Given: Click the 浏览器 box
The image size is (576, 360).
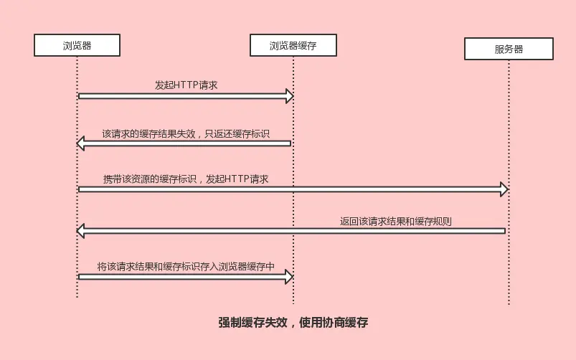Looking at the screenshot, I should (77, 46).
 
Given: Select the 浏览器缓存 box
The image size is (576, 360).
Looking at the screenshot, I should (293, 46).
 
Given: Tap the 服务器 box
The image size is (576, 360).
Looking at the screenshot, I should (509, 49).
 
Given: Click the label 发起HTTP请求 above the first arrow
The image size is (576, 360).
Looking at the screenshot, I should (187, 85).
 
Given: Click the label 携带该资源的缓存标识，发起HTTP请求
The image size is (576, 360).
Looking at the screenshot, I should (185, 179).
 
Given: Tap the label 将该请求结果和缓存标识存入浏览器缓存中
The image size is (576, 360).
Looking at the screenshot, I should (187, 266).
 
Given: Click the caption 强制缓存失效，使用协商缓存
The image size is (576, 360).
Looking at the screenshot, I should (293, 323).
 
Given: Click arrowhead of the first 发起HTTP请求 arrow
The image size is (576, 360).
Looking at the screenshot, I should (289, 96).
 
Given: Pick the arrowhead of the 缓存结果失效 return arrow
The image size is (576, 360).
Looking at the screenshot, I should (81, 144).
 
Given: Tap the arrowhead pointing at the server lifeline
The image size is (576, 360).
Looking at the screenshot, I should (504, 189).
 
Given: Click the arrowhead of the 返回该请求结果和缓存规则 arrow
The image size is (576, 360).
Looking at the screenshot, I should (81, 231).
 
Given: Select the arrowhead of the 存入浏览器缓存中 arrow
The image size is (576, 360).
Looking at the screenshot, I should (289, 276).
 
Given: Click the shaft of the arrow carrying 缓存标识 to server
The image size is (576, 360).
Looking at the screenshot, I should (287, 189).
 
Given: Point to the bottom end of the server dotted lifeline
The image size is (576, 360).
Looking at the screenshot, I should (509, 304).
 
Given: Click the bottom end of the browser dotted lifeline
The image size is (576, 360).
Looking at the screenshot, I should (77, 296).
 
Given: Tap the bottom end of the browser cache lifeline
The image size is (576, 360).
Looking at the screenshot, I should (293, 303).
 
